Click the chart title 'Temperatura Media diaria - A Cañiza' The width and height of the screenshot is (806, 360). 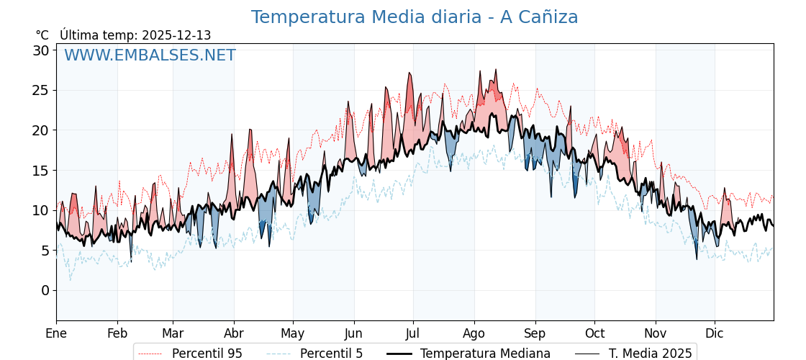click(414, 17)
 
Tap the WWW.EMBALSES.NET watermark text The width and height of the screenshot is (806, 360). click(150, 56)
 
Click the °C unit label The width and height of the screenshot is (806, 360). click(42, 35)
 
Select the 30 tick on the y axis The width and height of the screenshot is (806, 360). click(40, 50)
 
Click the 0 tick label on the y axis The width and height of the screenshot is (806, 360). click(45, 290)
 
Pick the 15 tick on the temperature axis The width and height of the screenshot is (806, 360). click(40, 171)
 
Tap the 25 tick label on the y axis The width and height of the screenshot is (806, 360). click(40, 91)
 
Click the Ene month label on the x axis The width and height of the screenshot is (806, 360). click(56, 333)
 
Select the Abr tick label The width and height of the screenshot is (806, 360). click(234, 333)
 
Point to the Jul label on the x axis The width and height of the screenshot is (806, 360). click(413, 333)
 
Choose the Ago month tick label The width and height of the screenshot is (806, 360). click(474, 333)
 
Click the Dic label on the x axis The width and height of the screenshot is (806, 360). click(715, 333)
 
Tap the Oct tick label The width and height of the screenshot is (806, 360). click(594, 333)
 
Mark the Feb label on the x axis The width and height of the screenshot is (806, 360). click(117, 333)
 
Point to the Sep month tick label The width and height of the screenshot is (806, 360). click(535, 333)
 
